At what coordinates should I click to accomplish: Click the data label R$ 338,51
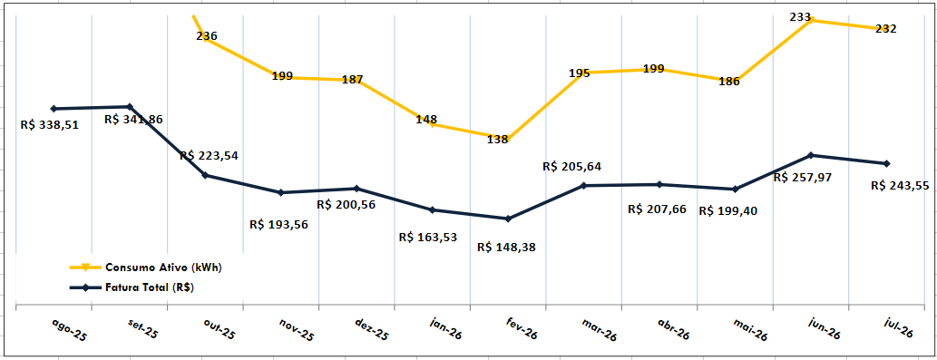click(x=50, y=126)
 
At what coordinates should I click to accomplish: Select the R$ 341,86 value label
click(x=133, y=120)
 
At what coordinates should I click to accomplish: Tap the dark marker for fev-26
click(x=508, y=219)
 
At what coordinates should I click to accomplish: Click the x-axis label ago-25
click(x=69, y=331)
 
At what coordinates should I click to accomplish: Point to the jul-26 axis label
click(x=898, y=329)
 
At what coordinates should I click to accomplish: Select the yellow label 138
click(x=497, y=140)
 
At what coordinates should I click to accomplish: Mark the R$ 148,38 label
click(x=507, y=248)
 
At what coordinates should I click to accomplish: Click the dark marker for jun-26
click(x=811, y=155)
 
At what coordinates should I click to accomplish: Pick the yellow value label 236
click(x=207, y=36)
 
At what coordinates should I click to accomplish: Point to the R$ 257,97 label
click(x=803, y=178)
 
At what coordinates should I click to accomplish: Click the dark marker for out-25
click(x=205, y=176)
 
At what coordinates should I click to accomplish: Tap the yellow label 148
click(x=426, y=120)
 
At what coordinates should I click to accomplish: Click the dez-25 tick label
click(x=372, y=330)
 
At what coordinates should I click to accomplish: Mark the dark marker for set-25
click(x=130, y=107)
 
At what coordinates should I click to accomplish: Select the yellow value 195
click(x=580, y=73)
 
